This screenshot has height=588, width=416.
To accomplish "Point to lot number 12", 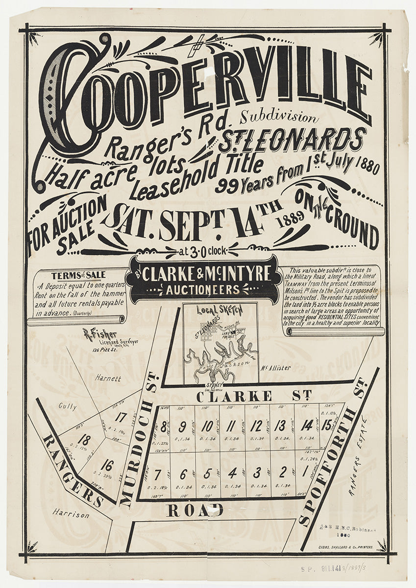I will [256, 426].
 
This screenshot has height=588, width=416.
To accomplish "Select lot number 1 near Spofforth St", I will [305, 473].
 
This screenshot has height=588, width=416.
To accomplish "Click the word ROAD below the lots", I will [195, 510].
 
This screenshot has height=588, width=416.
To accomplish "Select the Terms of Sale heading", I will [78, 275].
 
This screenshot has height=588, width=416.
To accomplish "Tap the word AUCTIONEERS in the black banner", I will [202, 290].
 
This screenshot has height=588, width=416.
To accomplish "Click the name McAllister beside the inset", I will [276, 367].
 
